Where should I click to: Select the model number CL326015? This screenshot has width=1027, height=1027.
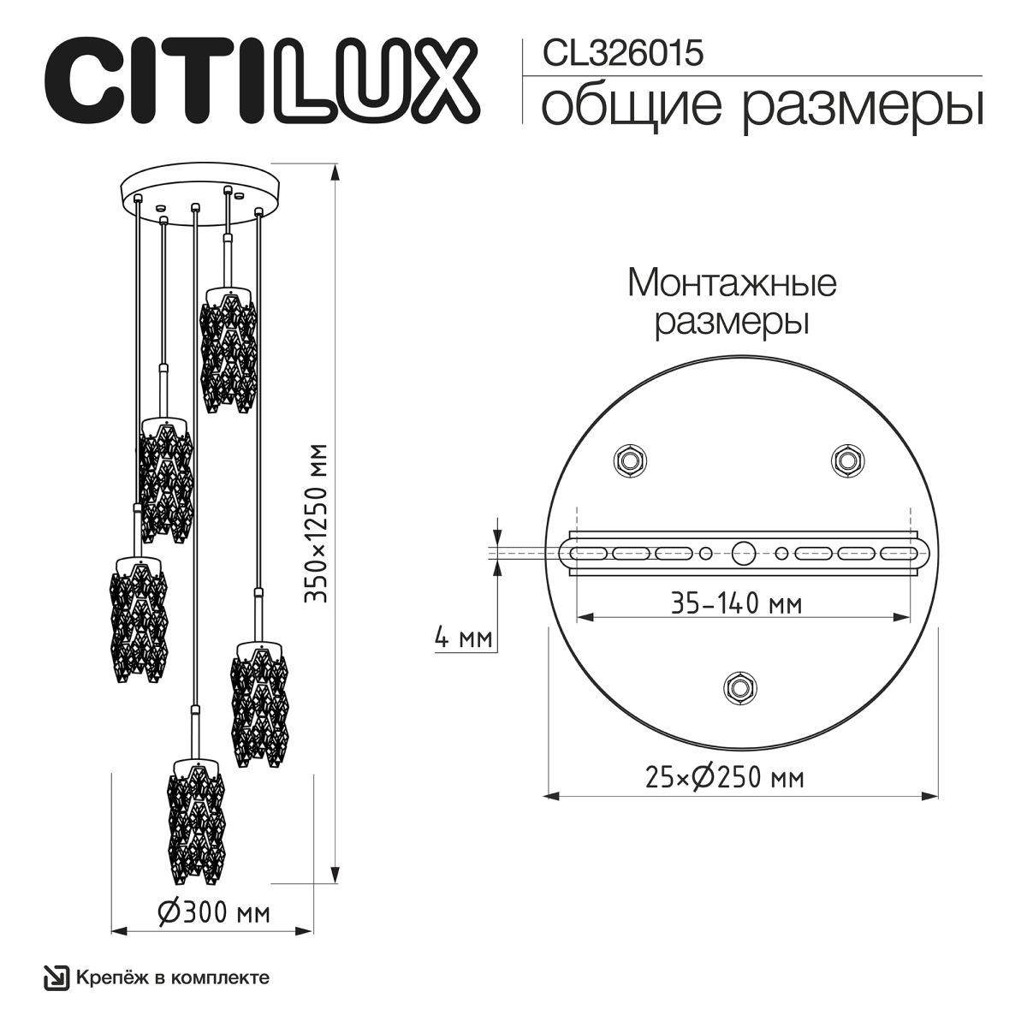point(622,53)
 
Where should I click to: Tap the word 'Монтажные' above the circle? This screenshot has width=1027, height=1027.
point(732,282)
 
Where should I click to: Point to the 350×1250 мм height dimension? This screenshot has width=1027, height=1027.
point(318,523)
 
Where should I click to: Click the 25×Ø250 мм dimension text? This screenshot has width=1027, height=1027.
point(724,777)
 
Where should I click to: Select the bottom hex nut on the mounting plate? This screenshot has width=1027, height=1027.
point(739,686)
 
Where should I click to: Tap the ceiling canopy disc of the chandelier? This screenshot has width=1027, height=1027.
point(203,189)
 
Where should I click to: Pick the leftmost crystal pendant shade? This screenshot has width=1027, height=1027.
point(138,618)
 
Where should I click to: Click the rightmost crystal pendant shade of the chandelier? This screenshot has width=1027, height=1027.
point(259,706)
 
